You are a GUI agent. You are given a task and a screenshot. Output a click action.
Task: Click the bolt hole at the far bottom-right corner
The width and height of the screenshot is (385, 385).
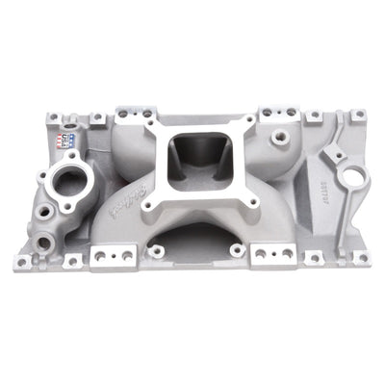[358, 258]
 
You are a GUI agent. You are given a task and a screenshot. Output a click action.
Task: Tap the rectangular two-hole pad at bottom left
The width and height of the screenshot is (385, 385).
[103, 258]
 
